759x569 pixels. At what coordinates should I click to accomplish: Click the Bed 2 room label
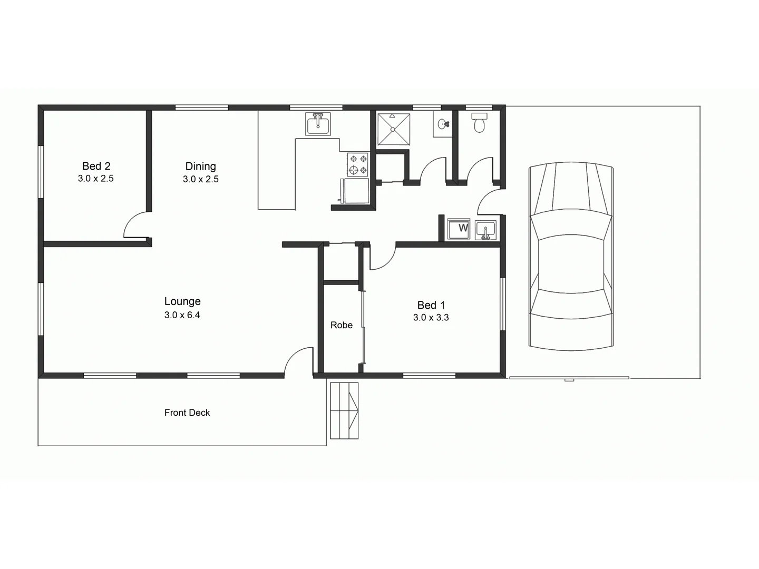(x=96, y=166)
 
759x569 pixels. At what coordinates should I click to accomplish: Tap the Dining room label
(x=200, y=166)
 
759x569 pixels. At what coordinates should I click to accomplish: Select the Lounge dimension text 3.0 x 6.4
(x=182, y=315)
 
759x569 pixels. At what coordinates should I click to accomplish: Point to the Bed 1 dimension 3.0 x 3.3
(x=431, y=317)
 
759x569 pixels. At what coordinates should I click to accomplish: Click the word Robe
(x=341, y=325)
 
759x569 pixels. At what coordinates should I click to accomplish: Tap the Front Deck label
(x=187, y=413)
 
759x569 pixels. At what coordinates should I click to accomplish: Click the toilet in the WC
(x=479, y=123)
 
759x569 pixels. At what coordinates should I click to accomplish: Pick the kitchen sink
(x=318, y=124)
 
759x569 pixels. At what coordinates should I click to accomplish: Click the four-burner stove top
(x=357, y=164)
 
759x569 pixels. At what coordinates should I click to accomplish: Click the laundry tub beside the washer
(x=485, y=230)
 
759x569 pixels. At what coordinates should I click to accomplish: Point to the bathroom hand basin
(x=443, y=124)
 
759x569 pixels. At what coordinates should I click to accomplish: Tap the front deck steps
(x=344, y=410)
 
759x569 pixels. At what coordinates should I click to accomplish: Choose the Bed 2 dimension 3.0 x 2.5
(x=95, y=179)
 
